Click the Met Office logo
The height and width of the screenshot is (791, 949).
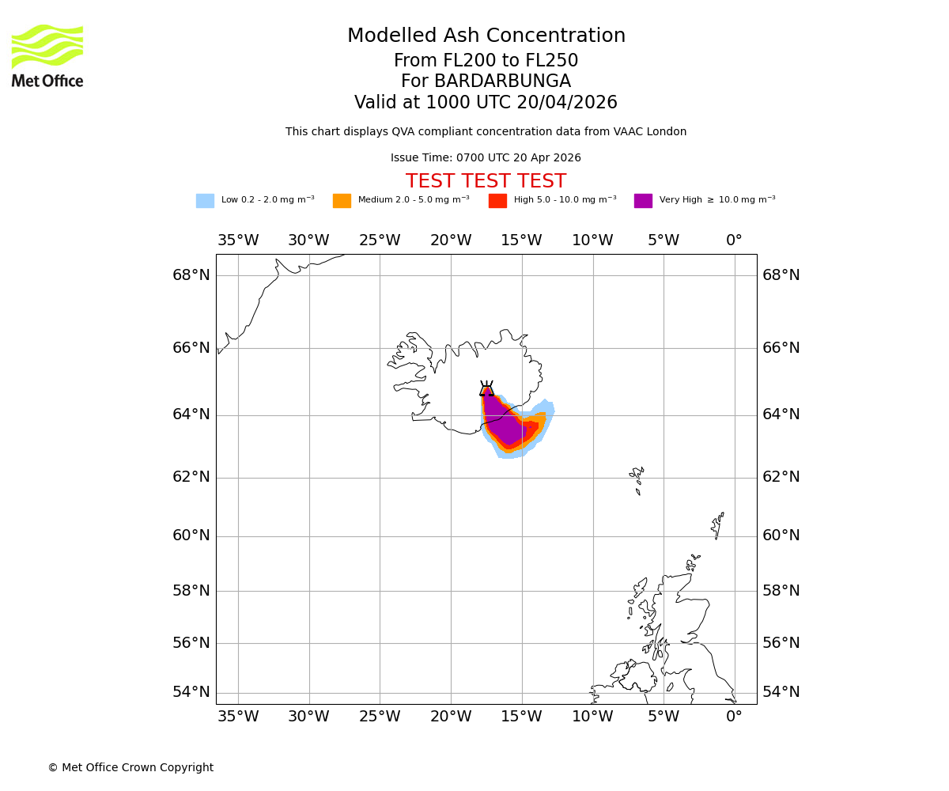tap(47, 56)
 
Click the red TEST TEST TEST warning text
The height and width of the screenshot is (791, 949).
tap(486, 181)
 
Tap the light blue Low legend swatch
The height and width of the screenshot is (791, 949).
tap(205, 201)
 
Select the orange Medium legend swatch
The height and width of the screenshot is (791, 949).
tap(342, 201)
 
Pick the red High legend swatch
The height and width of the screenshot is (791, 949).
tap(497, 201)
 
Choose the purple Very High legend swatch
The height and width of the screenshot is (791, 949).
tap(643, 201)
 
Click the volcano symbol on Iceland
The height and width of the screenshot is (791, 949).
tap(486, 388)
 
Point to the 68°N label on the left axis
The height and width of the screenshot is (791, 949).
tap(191, 275)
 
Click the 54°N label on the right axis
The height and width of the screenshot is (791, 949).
tap(781, 692)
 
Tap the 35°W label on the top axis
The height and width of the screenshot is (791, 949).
tap(238, 240)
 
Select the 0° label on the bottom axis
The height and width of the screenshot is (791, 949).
tap(734, 717)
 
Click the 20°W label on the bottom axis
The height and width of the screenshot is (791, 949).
tap(451, 717)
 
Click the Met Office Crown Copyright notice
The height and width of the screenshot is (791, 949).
tap(130, 767)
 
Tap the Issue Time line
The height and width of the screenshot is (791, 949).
tap(486, 158)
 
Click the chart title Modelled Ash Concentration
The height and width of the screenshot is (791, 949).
tap(486, 36)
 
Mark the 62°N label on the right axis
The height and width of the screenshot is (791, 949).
tap(781, 477)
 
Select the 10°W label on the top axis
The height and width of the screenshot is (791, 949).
tap(592, 240)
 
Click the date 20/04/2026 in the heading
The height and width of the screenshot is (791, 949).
tap(566, 103)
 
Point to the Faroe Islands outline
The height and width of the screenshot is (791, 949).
tap(637, 479)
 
